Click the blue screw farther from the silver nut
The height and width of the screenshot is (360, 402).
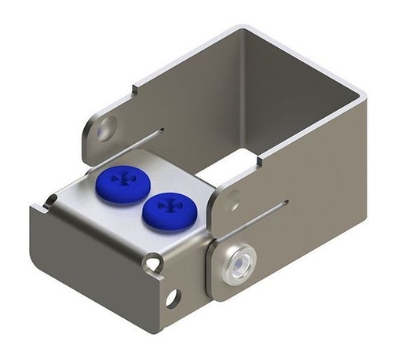click(x=122, y=182)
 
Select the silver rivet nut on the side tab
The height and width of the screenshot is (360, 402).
click(x=237, y=263)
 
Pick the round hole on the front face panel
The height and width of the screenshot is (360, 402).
click(x=172, y=296)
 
